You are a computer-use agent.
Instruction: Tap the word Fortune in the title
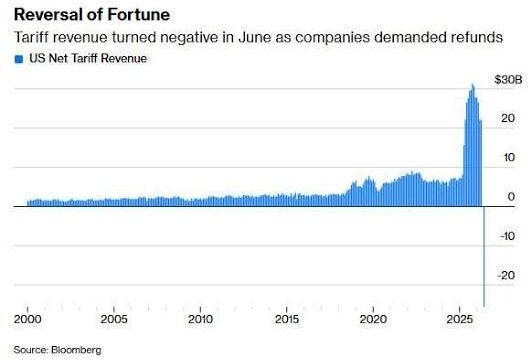click(x=139, y=15)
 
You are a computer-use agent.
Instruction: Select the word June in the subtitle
click(x=254, y=37)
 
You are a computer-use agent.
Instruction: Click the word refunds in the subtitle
click(x=473, y=37)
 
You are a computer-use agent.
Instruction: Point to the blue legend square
click(x=19, y=59)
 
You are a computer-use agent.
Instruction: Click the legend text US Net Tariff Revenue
click(x=88, y=58)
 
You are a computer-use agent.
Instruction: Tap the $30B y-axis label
click(x=508, y=80)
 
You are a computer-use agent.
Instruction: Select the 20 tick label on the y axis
click(x=508, y=118)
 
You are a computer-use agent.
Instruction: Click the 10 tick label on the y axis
click(x=508, y=157)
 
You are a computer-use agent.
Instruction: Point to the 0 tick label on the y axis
click(x=511, y=196)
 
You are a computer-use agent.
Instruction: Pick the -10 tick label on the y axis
click(x=507, y=236)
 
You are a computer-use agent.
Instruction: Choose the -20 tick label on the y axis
click(x=506, y=275)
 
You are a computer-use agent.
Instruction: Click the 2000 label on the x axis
click(x=27, y=319)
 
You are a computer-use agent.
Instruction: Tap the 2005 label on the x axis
click(x=114, y=319)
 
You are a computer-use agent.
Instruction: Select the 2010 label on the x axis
click(x=201, y=319)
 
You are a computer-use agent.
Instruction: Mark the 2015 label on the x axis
click(x=287, y=319)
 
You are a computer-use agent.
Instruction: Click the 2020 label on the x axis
click(x=373, y=319)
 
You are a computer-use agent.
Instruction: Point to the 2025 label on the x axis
click(x=459, y=319)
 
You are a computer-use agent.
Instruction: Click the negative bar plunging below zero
click(x=484, y=256)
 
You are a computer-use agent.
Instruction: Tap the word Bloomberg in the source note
click(x=76, y=350)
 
